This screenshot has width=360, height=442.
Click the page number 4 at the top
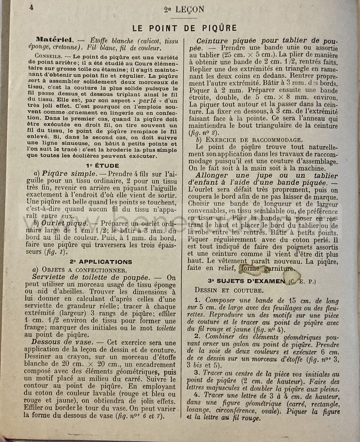(31, 7)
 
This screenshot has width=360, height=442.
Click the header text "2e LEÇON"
(184, 9)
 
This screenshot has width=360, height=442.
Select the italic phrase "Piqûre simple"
(68, 174)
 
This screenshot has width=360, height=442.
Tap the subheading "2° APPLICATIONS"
(101, 261)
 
